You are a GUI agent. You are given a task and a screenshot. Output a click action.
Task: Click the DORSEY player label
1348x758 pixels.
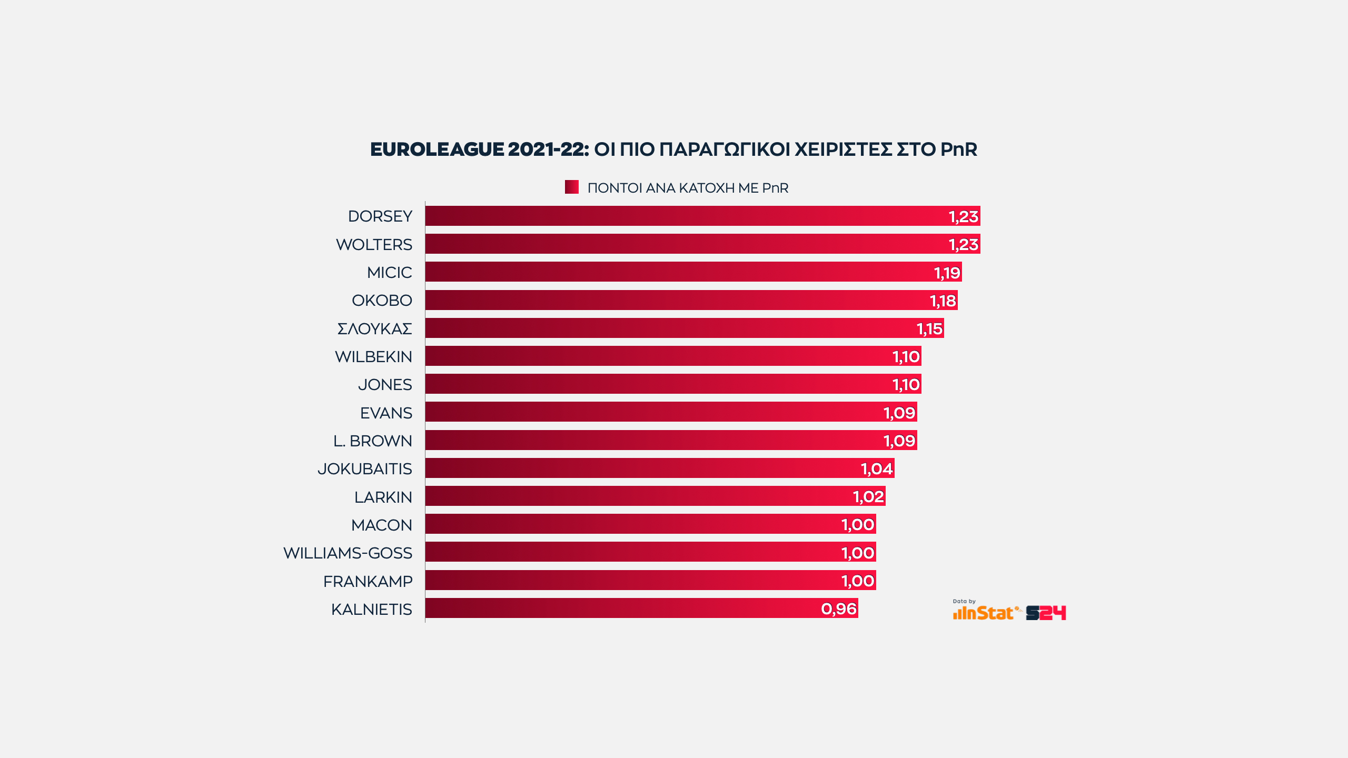point(380,216)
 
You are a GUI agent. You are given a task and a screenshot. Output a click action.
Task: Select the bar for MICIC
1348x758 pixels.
point(693,272)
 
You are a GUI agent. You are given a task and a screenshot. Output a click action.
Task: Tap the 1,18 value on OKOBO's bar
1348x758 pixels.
point(943,301)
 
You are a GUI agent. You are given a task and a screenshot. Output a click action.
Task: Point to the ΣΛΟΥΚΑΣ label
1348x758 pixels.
point(374,329)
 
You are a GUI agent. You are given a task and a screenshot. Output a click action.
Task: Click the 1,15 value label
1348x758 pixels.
point(929,329)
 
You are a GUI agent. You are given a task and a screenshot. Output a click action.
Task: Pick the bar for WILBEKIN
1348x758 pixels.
point(673,356)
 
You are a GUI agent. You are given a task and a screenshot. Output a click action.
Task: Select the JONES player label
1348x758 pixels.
point(385,385)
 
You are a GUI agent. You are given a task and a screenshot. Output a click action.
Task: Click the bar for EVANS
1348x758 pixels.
point(671,412)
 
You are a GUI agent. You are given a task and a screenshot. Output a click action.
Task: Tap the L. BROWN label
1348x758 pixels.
point(372,441)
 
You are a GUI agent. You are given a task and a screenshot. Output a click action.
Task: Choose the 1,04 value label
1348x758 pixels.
point(877,468)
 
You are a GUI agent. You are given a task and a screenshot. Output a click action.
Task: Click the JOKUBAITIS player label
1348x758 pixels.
point(364,469)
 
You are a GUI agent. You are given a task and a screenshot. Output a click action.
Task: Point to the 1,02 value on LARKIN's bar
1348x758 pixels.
point(868,496)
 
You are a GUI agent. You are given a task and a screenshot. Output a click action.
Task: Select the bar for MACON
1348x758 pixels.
point(650,524)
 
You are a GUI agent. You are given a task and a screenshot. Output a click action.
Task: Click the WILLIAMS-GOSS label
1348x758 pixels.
point(348,553)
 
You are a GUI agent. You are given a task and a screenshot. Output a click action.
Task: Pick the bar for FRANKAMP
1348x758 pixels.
point(650,580)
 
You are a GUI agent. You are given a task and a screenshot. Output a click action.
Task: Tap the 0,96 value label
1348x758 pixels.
point(839,609)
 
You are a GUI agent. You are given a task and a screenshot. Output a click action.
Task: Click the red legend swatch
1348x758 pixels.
point(571,187)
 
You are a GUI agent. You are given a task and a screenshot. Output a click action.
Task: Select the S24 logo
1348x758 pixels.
point(1046,613)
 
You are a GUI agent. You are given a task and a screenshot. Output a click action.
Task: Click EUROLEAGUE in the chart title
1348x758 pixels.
point(437,149)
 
